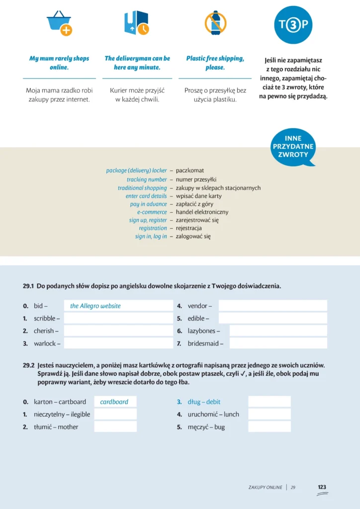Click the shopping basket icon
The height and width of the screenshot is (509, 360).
[59, 23]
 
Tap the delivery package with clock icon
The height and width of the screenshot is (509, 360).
[136, 23]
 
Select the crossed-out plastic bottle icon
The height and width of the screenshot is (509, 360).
[215, 23]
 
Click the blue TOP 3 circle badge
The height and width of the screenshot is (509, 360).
[293, 25]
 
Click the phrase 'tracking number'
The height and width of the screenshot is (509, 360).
[147, 179]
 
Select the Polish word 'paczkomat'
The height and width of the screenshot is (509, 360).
[190, 170]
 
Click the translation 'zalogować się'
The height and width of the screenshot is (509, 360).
[193, 237]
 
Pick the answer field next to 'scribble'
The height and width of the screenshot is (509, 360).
[118, 318]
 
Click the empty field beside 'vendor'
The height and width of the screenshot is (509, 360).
[272, 306]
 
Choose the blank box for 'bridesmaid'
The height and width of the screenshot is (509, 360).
[278, 343]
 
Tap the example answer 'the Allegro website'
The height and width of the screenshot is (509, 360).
[95, 306]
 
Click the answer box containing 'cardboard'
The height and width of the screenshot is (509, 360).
[115, 402]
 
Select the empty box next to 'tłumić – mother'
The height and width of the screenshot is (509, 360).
[115, 426]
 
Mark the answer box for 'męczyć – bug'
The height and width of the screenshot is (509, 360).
[269, 426]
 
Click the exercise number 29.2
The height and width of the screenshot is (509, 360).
[28, 365]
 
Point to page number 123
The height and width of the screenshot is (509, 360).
[322, 487]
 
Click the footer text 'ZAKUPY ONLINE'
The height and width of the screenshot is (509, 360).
[265, 488]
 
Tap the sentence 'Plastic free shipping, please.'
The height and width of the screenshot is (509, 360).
[215, 63]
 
